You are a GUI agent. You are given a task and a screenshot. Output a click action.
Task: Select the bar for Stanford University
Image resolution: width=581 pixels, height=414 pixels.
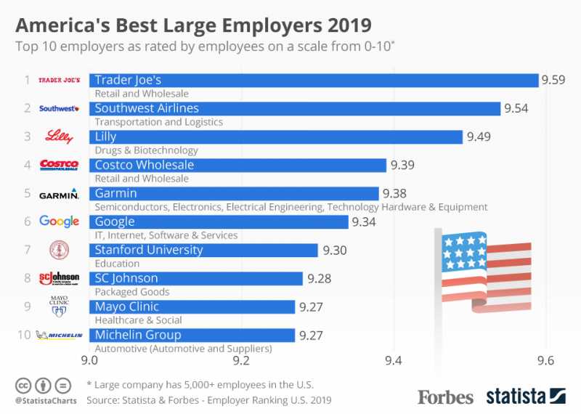click(x=203, y=250)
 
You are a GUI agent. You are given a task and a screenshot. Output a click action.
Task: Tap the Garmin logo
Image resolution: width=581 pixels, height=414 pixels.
click(x=59, y=194)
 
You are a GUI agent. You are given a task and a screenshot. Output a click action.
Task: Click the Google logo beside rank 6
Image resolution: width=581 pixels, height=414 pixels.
click(x=59, y=222)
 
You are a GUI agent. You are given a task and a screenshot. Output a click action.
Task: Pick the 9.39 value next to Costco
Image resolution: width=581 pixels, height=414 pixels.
click(x=402, y=165)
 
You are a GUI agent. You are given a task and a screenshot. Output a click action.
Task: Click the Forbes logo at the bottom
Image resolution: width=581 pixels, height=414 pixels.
click(x=445, y=397)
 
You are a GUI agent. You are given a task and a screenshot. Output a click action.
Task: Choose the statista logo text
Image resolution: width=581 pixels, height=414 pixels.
click(x=515, y=397)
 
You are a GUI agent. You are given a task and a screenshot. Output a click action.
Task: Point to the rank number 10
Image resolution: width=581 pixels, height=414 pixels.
click(x=24, y=335)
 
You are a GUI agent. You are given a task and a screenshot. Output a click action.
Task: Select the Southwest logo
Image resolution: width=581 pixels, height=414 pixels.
click(x=59, y=109)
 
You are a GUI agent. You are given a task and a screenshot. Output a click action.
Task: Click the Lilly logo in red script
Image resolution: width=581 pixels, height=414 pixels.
click(x=59, y=137)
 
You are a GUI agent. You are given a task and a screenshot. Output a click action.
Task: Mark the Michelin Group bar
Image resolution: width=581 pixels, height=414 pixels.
click(x=192, y=335)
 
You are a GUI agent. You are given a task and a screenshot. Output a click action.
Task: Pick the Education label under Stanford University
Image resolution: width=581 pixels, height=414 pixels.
click(x=117, y=264)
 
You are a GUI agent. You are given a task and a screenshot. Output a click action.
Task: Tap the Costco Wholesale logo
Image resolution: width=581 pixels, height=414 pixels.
click(x=59, y=165)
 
